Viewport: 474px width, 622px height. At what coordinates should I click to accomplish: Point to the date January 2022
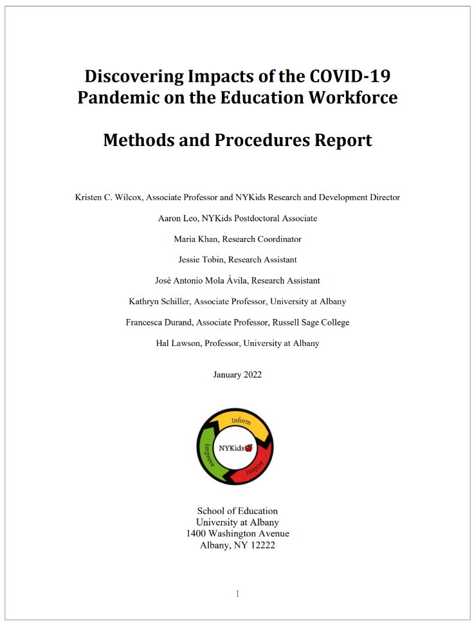(237, 375)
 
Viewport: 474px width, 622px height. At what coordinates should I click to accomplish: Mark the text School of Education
(237, 511)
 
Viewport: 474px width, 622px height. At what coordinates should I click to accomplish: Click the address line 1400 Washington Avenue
(237, 534)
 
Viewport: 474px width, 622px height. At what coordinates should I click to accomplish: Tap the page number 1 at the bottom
(237, 594)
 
